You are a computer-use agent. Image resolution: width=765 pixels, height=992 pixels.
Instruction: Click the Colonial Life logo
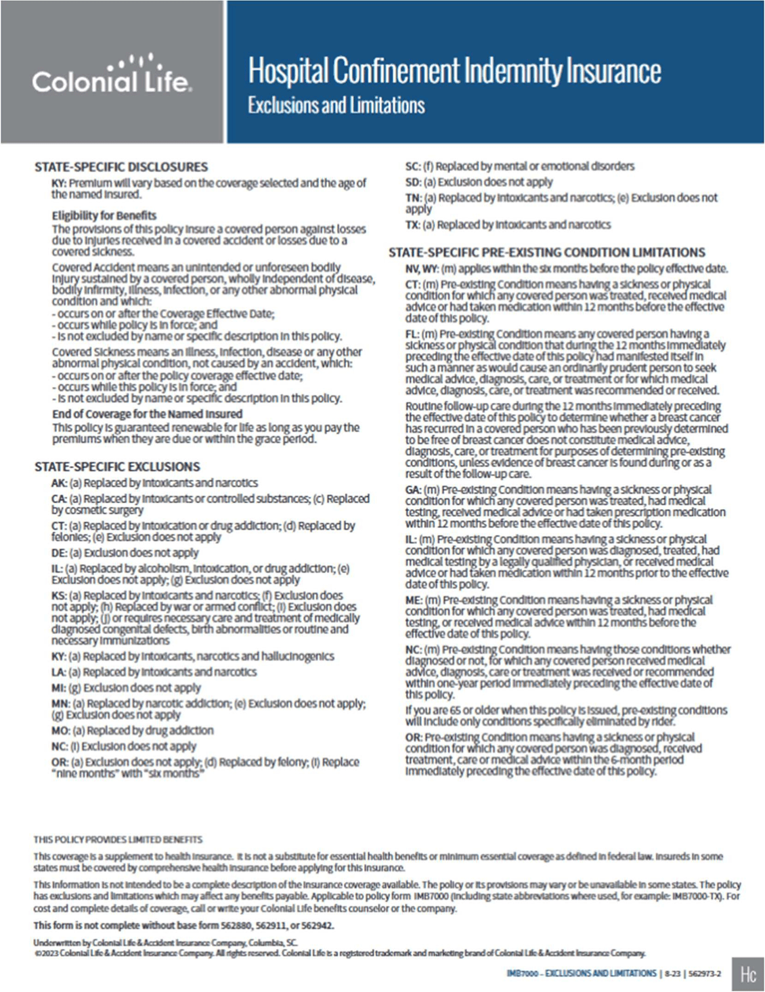click(112, 75)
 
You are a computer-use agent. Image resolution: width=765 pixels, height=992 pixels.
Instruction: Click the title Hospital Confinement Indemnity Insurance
click(454, 71)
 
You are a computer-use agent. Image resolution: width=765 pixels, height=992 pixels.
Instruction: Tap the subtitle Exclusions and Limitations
click(336, 106)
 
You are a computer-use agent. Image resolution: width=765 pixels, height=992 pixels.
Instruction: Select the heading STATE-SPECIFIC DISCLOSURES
click(121, 167)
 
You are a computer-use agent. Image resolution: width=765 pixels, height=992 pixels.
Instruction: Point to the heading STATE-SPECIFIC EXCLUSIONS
click(117, 467)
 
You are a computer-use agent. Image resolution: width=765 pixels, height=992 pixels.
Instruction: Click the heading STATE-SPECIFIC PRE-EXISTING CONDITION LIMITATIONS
click(546, 252)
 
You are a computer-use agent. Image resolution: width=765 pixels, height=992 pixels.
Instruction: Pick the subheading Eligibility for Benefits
click(104, 215)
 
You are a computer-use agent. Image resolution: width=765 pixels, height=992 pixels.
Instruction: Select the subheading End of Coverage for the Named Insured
click(147, 414)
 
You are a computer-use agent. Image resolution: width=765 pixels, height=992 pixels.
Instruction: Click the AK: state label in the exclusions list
click(59, 483)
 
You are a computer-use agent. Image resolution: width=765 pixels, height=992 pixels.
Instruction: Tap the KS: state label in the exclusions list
click(59, 595)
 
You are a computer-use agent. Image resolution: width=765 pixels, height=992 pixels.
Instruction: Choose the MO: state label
click(60, 731)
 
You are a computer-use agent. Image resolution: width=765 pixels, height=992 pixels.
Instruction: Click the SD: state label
click(413, 182)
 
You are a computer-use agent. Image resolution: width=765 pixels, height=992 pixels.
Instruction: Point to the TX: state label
click(413, 225)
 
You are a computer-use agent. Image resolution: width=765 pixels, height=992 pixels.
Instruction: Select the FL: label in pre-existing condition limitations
click(412, 334)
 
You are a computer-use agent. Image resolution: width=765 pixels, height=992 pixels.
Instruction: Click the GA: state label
click(414, 490)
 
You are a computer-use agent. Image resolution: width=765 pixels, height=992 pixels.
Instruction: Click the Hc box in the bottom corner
click(747, 974)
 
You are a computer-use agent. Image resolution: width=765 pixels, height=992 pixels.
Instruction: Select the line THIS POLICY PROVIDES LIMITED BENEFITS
click(118, 840)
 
